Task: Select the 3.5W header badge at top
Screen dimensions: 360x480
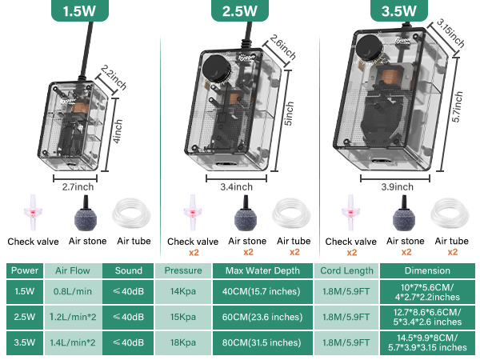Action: point(394,12)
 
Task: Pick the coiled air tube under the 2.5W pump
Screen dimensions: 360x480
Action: point(294,214)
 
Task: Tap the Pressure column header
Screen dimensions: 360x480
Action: point(182,270)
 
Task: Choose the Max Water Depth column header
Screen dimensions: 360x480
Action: point(262,270)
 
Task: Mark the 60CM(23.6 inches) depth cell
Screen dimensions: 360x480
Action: point(262,318)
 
